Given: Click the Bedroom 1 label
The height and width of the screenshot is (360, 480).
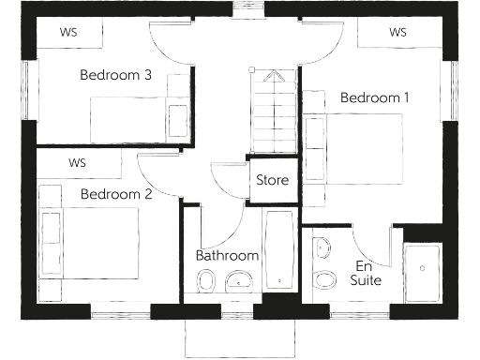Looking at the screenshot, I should point(375,97).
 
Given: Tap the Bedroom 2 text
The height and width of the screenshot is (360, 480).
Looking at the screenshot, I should point(116,194).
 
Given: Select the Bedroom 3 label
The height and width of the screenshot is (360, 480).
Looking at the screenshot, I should point(116,75).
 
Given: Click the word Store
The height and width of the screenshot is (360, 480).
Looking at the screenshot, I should point(273,180).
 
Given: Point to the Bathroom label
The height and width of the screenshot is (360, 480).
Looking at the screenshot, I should point(227,255).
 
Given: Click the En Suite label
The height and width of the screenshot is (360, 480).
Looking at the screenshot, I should point(366,272).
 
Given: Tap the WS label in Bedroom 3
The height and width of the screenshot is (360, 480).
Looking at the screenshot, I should point(67,32).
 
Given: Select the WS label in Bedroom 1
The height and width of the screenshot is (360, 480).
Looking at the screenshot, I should point(397,32).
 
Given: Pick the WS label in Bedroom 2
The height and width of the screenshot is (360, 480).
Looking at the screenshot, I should point(77,162).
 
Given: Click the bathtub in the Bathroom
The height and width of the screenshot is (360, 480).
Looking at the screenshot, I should point(279,250).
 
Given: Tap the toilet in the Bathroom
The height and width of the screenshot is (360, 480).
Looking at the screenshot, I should point(206,279).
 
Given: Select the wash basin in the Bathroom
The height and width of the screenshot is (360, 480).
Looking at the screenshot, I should point(240,279).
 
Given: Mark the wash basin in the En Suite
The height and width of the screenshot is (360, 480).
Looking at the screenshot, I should point(322,248).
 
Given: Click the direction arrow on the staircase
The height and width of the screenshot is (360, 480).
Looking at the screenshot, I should point(273,78).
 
